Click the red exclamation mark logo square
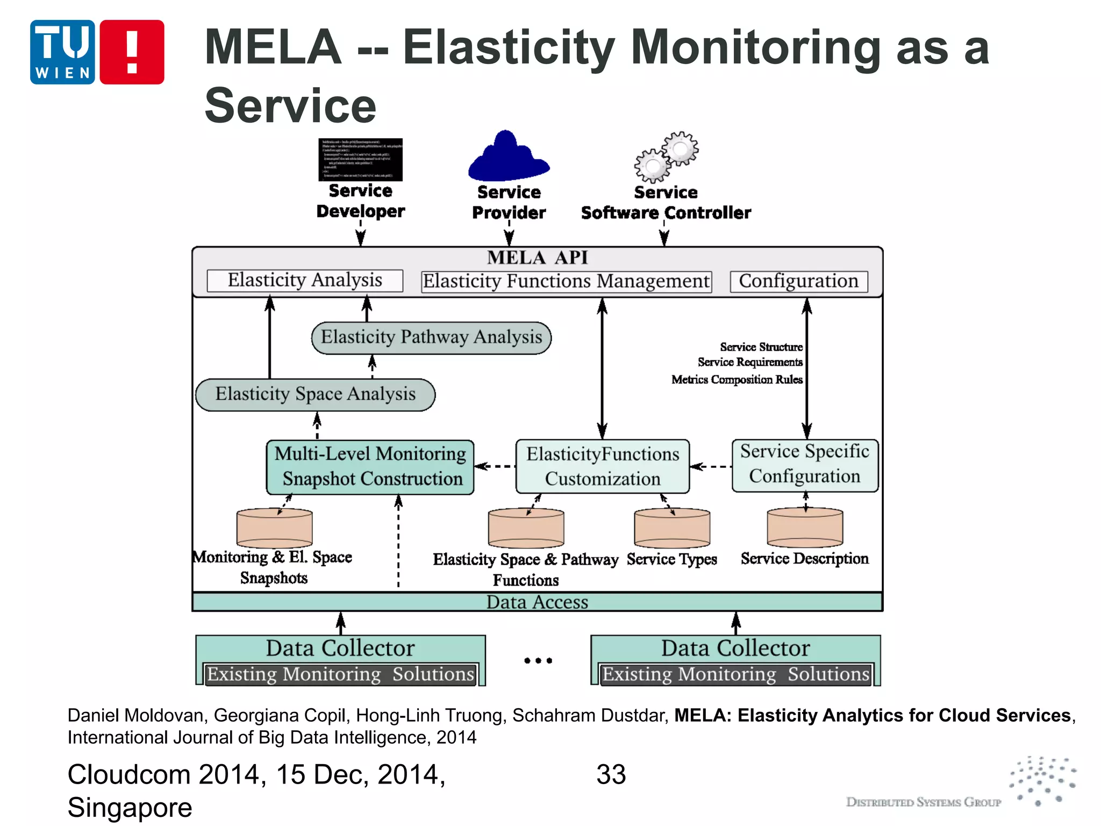coord(132,52)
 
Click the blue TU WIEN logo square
coord(62,52)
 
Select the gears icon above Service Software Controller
coord(667,157)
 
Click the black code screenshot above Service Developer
coord(360,160)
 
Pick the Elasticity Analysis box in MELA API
coord(305,281)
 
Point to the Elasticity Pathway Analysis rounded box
coord(431,338)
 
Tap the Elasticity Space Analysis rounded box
coord(316,395)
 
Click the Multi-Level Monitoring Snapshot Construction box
coord(370,467)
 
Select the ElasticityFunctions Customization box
coord(603,467)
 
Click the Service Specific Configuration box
coord(805,465)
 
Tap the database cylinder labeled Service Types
coord(672,528)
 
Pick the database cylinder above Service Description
coord(805,528)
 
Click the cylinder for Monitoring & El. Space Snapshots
coord(274,528)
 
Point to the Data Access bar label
coord(537,602)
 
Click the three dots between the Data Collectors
coord(538,660)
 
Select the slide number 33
coord(611,775)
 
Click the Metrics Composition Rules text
coord(737,380)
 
